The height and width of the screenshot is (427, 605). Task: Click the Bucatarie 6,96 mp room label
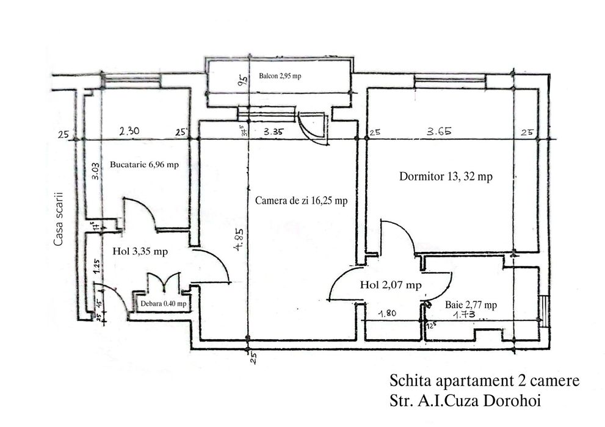click(143, 165)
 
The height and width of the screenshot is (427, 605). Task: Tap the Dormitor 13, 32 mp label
click(446, 176)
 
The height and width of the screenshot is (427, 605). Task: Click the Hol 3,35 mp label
click(141, 251)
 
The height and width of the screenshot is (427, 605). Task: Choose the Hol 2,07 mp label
click(390, 284)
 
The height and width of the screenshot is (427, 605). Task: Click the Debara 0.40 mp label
click(163, 303)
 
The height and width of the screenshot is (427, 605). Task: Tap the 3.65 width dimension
click(439, 131)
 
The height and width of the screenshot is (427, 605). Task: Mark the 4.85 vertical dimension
click(242, 239)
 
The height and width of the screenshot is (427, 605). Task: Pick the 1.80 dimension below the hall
click(388, 315)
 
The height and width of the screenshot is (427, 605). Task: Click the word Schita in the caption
click(408, 381)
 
